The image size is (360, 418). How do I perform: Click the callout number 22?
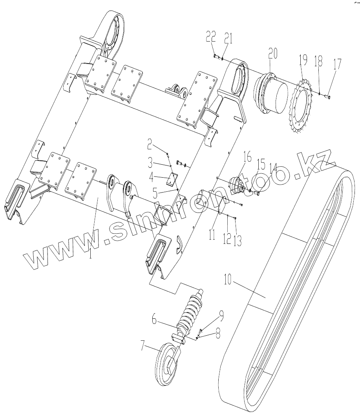pos(211,37)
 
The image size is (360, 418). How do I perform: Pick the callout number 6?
pos(155,320)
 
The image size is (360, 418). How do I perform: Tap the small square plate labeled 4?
pos(172,179)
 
